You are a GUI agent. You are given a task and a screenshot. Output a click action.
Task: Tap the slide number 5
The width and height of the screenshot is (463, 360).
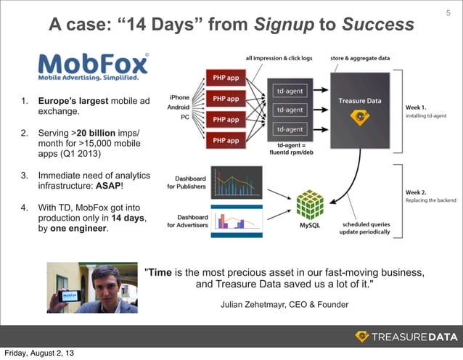click(447, 12)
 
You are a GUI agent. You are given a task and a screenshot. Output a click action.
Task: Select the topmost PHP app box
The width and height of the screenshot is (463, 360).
click(227, 77)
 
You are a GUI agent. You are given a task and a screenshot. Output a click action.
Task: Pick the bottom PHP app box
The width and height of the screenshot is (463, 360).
click(227, 140)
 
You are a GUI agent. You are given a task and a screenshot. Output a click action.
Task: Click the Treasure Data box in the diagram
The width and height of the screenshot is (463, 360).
click(359, 109)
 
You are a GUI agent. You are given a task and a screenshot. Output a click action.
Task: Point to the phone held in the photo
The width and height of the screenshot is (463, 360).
click(69, 297)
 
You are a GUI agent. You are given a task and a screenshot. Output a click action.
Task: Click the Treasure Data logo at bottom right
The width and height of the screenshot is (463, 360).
click(406, 336)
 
